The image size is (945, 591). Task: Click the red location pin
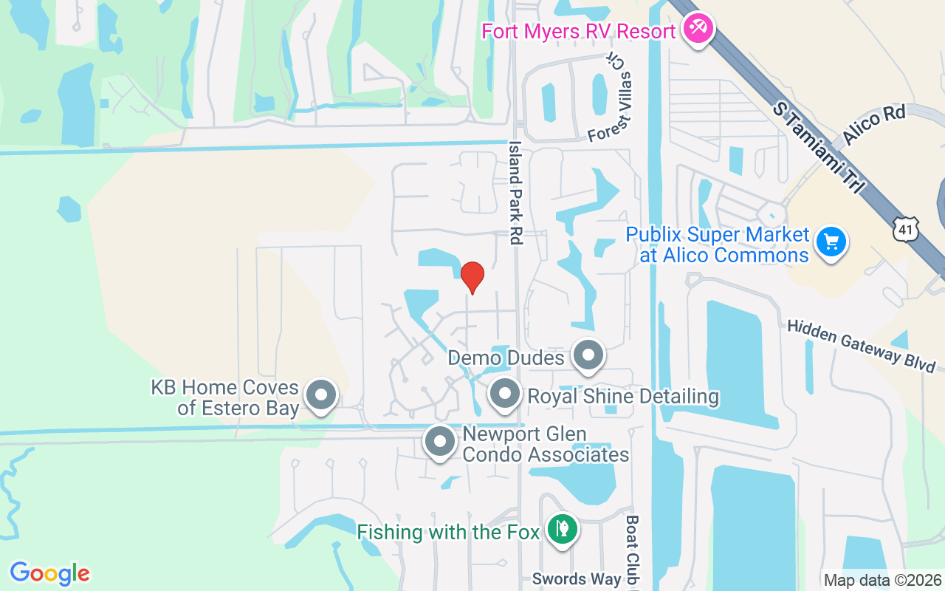pos(472,277)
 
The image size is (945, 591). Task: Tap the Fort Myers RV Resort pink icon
pos(696,30)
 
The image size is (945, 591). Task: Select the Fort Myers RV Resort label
pos(578,32)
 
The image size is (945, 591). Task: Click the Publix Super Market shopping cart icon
pos(831,242)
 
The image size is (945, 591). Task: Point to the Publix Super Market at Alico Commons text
pos(718,245)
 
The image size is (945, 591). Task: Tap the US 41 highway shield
pos(905,229)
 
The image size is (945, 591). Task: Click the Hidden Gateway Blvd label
pos(861,346)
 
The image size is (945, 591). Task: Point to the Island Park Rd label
pos(515,193)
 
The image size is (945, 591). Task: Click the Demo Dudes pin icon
pos(588,355)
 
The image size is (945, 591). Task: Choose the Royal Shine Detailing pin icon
pos(505,393)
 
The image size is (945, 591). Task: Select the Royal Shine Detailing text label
pos(623,396)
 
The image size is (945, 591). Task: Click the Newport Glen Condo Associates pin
pos(441,442)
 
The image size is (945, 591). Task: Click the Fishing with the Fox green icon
pos(563,529)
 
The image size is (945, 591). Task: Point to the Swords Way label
pos(577,579)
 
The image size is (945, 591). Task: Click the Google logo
pos(50,573)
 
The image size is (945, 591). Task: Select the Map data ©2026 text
pos(883,581)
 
